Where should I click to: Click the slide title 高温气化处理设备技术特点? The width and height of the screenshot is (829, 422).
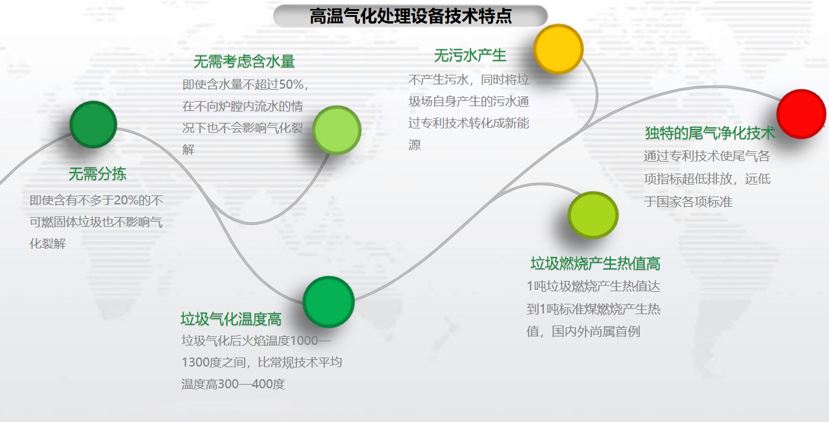coord(410,16)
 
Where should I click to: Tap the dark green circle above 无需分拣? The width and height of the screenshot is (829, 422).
coord(93,124)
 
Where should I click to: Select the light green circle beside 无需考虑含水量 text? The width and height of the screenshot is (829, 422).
coord(336,130)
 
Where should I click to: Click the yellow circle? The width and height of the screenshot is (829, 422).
coord(558,49)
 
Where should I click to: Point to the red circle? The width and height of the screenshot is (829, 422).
coord(801,114)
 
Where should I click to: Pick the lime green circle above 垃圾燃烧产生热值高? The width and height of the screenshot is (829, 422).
coord(593,215)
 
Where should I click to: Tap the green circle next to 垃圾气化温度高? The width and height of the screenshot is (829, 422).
coord(328,302)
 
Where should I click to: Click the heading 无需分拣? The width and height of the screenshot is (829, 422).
coord(98,174)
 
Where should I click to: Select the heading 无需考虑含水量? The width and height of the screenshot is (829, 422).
coord(244,61)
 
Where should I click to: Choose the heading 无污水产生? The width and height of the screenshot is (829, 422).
coord(470,55)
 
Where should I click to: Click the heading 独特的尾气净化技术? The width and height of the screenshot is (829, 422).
coord(710,133)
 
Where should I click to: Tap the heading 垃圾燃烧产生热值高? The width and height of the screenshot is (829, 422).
coord(595,263)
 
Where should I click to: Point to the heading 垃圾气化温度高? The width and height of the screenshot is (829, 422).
coord(231,319)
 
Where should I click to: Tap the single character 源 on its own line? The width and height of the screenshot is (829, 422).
coord(414,145)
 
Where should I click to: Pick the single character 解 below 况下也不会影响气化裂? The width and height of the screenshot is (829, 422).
coord(189,150)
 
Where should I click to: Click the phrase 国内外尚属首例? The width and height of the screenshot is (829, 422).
coord(596,332)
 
